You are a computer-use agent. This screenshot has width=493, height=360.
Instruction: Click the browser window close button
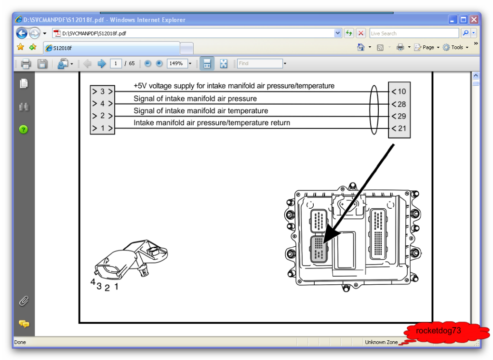click(x=474, y=20)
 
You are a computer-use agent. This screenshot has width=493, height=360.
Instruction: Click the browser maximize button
click(x=463, y=20)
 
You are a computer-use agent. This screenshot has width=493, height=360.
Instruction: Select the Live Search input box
click(x=413, y=33)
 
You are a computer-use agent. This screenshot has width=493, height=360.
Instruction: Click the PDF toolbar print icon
click(x=26, y=64)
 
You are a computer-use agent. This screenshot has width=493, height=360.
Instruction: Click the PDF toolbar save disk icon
click(x=42, y=64)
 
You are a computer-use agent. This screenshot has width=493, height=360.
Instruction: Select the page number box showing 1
click(x=116, y=64)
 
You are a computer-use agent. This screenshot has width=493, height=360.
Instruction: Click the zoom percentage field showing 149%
click(x=176, y=64)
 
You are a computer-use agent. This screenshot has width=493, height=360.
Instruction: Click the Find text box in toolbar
click(x=260, y=64)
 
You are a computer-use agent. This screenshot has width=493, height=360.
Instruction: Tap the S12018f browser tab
click(x=111, y=48)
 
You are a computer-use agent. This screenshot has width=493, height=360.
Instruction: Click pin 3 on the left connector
click(x=102, y=92)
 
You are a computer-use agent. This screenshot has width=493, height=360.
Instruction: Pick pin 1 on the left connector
click(x=102, y=128)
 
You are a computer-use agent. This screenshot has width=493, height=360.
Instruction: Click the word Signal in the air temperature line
click(x=145, y=111)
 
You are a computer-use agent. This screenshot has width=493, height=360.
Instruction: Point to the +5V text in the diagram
click(x=141, y=86)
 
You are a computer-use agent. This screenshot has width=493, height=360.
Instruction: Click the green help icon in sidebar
click(x=24, y=129)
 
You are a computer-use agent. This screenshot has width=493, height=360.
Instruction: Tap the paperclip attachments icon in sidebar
click(x=24, y=301)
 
